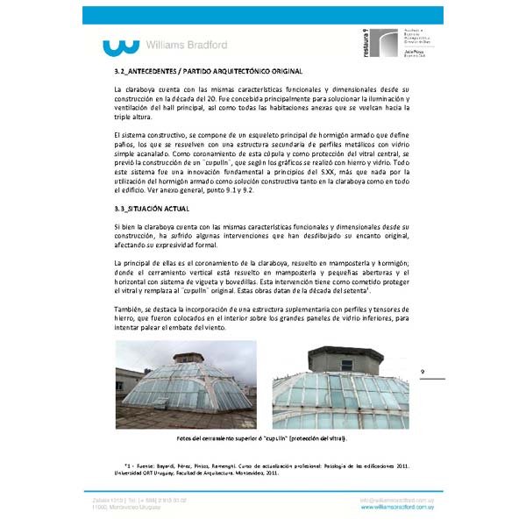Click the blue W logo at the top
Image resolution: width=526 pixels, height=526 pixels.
tap(120, 46)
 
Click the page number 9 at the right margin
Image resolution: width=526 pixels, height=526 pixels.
tap(423, 373)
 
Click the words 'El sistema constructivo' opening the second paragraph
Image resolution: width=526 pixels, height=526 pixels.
tap(148, 133)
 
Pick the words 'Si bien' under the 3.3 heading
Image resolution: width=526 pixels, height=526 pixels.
tap(125, 227)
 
